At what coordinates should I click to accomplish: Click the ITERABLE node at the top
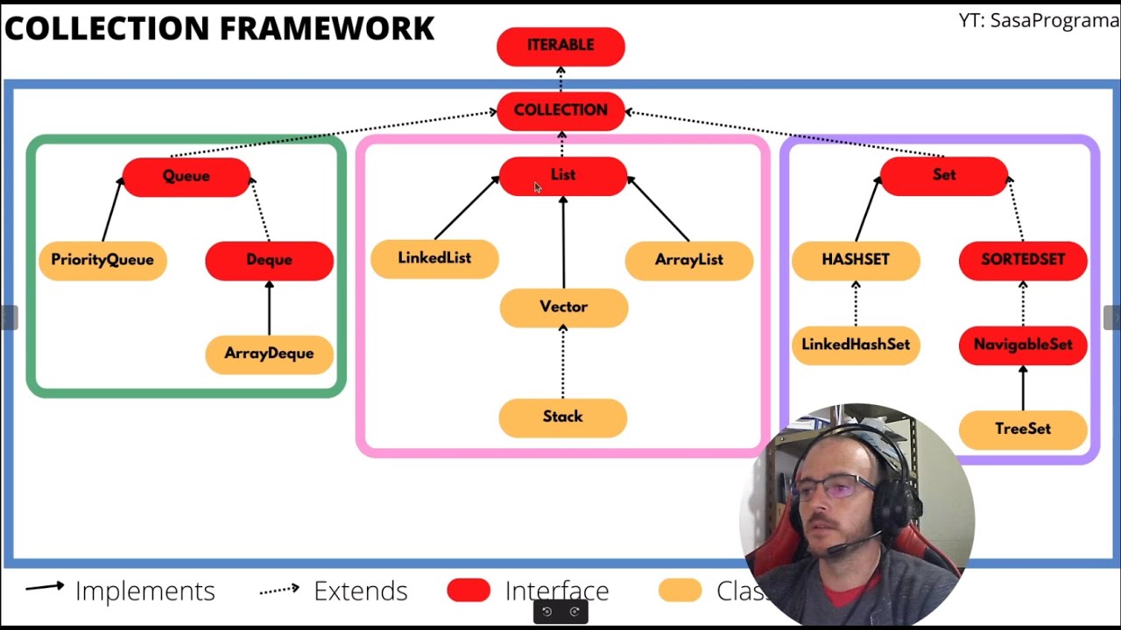(560, 45)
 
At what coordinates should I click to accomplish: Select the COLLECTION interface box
(560, 110)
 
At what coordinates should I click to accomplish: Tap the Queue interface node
(186, 176)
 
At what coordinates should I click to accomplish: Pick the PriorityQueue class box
(102, 260)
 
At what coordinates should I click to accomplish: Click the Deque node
(269, 260)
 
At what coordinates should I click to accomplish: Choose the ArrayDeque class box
(269, 353)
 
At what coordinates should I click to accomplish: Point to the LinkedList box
(434, 258)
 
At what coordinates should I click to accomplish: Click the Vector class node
(563, 307)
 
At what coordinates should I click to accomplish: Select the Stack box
(562, 416)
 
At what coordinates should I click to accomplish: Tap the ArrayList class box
(689, 260)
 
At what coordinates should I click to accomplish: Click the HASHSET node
(856, 260)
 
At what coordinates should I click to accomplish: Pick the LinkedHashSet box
(856, 345)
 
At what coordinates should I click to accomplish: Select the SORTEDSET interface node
(1023, 260)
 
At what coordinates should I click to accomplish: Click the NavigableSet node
(1023, 345)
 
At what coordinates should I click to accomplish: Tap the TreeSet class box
(1023, 429)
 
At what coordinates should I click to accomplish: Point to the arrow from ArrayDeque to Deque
(269, 308)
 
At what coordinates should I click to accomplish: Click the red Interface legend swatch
(469, 591)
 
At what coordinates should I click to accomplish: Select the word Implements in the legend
(145, 591)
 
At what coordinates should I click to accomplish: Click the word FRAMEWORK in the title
(326, 28)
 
